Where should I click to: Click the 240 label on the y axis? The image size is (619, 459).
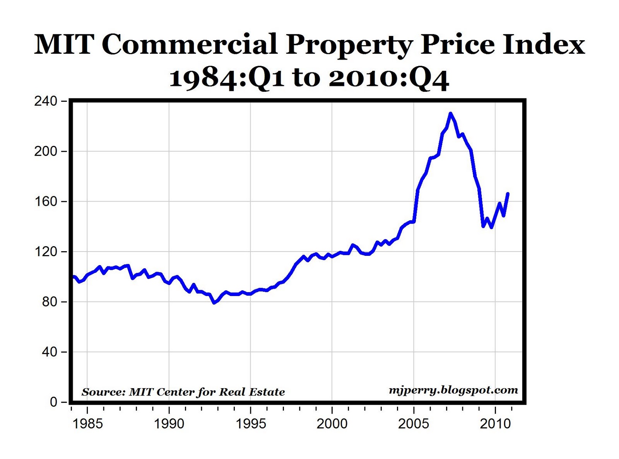click(x=45, y=101)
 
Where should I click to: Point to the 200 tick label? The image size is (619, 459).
click(x=45, y=151)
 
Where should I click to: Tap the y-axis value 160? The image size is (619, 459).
click(x=45, y=202)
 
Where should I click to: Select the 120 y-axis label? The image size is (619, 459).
click(x=45, y=252)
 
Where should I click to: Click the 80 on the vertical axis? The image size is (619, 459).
click(x=49, y=302)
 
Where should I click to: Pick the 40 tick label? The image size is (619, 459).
click(x=49, y=352)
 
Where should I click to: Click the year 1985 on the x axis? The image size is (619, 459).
click(x=87, y=424)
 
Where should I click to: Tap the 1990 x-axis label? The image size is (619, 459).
click(x=169, y=424)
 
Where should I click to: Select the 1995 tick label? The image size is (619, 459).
click(x=251, y=424)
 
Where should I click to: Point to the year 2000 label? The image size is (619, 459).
click(x=332, y=424)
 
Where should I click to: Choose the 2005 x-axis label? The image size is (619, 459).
click(x=414, y=424)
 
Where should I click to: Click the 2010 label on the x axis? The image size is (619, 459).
click(x=495, y=424)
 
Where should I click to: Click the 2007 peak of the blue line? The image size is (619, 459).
click(x=450, y=113)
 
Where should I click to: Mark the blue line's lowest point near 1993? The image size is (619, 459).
click(x=214, y=303)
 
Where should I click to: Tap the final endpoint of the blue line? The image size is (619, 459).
click(x=508, y=194)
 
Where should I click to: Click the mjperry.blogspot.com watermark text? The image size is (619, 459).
click(x=453, y=390)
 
